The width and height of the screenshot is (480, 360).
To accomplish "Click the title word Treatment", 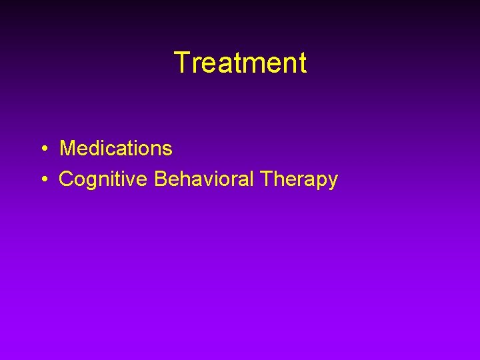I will click(240, 63).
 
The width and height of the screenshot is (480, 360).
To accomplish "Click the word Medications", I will click(116, 148).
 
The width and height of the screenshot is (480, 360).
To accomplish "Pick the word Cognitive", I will click(104, 179).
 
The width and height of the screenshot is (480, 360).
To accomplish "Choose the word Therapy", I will click(299, 179).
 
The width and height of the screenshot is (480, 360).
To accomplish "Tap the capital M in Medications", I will click(68, 148).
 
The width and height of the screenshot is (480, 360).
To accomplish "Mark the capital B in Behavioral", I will click(161, 179).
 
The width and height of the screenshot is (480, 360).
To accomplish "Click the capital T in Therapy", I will click(267, 179).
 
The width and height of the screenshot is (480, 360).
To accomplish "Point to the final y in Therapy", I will click(333, 181).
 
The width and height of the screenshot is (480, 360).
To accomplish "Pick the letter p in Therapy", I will click(322, 181).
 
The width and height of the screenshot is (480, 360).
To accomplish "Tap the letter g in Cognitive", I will click(91, 181).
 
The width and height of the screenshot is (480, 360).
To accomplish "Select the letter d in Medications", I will click(94, 148).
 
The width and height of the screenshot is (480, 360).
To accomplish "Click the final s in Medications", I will click(167, 149).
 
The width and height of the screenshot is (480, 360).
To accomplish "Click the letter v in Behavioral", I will click(205, 181).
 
